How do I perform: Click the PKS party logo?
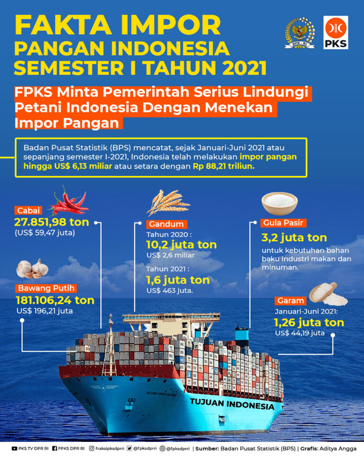tap(336, 32)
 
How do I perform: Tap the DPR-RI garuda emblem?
tap(300, 32)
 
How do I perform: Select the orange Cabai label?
tap(28, 210)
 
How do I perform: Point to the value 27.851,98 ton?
tap(52, 222)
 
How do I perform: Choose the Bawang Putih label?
tap(46, 288)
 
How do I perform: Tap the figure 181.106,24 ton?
tap(55, 300)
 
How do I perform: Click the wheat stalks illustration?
tap(168, 202)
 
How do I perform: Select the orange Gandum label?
tap(166, 224)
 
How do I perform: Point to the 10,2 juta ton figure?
tap(182, 245)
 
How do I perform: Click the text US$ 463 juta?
tap(170, 291)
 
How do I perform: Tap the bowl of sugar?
tap(279, 203)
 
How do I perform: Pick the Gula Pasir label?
tap(283, 223)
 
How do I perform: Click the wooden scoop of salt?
tap(328, 294)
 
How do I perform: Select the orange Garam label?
tap(291, 301)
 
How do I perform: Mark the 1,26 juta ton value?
tap(309, 322)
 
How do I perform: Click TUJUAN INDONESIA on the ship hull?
tap(232, 404)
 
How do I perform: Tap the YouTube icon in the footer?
tap(15, 449)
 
